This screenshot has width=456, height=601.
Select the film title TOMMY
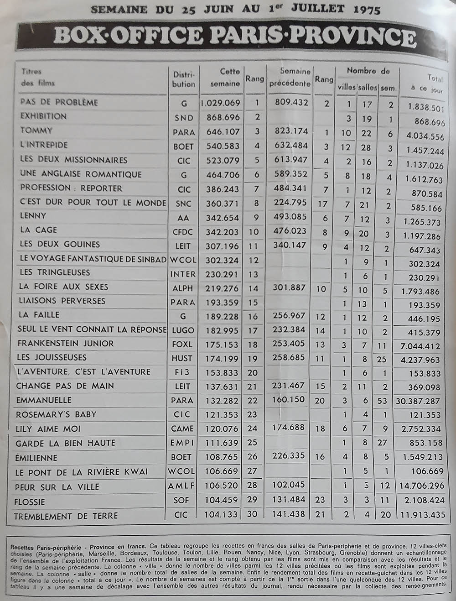click(x=36, y=131)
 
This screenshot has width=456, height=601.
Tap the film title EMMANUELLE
click(x=44, y=400)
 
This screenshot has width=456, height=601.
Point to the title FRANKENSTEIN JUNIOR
click(x=65, y=344)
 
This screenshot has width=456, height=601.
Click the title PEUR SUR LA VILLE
click(x=57, y=487)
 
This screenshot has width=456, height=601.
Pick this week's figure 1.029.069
click(x=220, y=103)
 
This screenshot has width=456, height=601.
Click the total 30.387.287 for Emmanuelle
click(x=418, y=401)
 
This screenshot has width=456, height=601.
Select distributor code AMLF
click(x=181, y=486)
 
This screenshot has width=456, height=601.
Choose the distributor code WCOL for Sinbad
click(x=182, y=260)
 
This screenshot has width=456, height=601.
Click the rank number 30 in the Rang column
click(x=252, y=515)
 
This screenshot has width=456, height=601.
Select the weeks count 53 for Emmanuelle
click(x=382, y=401)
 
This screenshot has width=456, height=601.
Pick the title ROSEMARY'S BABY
click(x=56, y=414)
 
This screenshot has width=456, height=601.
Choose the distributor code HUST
click(x=182, y=359)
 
